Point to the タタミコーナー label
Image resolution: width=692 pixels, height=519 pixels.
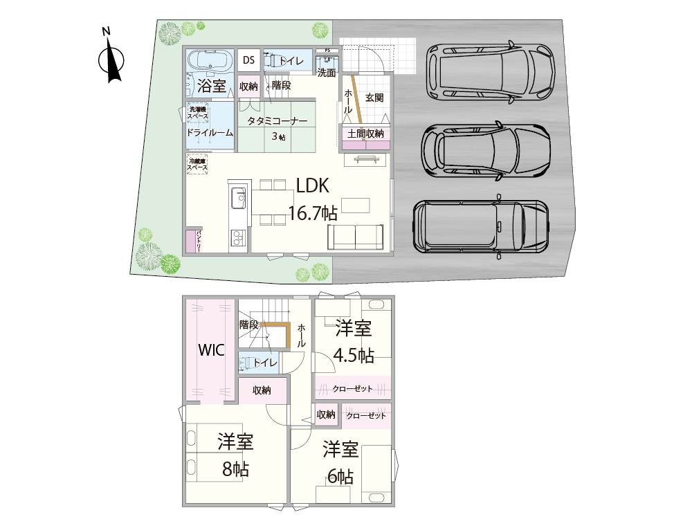[x=277, y=119]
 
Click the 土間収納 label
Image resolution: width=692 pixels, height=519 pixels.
[x=366, y=134]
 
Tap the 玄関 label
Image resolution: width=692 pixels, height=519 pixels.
[x=374, y=98]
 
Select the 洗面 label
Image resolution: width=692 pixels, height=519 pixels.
[x=326, y=72]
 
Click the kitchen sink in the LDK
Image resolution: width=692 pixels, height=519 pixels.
[x=237, y=198]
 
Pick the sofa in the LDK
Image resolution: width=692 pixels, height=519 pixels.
[x=356, y=237]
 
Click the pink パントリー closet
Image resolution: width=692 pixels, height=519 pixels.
[x=192, y=242]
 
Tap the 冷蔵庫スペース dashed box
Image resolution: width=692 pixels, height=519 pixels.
[x=198, y=165]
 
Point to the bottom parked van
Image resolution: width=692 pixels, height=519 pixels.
[x=479, y=226]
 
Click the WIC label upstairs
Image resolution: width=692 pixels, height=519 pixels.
[x=212, y=349]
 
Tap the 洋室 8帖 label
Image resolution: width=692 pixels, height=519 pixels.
[x=235, y=454]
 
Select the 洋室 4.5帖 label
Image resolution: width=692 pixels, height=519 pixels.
[x=354, y=340]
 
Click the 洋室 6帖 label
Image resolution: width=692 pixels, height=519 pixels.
[x=340, y=462]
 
